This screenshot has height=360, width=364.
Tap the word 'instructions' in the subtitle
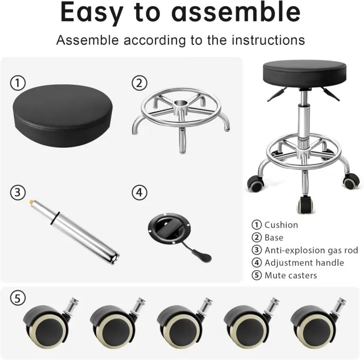268,40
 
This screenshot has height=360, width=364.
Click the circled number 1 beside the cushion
18,83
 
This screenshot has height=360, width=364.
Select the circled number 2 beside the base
138,83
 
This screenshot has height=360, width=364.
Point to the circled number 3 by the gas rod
18,192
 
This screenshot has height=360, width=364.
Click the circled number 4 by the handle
138,192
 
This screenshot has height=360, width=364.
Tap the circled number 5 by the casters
18,298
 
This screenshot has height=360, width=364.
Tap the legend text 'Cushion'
281,225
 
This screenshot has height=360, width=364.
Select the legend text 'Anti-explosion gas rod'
311,250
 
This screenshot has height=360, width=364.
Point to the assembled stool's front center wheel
303,205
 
